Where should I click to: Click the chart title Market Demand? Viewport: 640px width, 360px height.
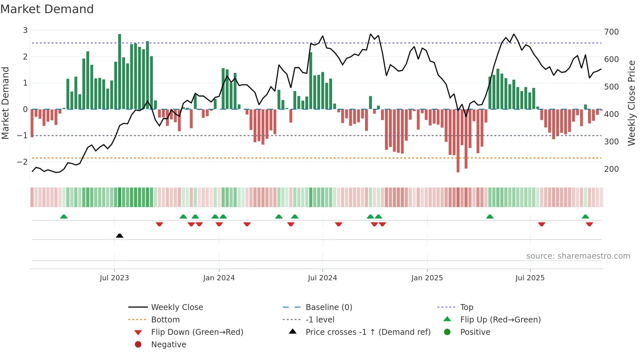tap(47, 9)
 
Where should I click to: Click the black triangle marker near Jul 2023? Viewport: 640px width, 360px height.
tap(120, 236)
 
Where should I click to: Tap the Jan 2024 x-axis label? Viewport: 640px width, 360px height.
tap(219, 278)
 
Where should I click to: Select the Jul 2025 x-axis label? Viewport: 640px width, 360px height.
tap(530, 278)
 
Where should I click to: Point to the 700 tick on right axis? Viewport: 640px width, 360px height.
tap(611, 32)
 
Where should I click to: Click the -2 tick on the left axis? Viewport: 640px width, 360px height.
tap(22, 162)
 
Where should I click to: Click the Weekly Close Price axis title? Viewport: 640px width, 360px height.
tap(632, 103)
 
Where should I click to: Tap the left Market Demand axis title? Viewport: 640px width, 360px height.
tap(5, 103)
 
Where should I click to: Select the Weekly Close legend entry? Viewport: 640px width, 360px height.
tap(177, 307)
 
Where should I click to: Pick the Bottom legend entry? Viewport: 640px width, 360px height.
tap(165, 320)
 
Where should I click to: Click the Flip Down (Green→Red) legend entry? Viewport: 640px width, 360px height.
tap(197, 332)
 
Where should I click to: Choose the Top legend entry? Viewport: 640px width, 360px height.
tap(467, 307)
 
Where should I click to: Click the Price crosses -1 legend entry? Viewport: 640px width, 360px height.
tap(368, 332)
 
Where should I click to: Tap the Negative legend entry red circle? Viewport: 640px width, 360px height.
tap(138, 345)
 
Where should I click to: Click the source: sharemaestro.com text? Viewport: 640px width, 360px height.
tap(578, 256)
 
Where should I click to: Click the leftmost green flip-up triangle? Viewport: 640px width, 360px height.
tap(64, 217)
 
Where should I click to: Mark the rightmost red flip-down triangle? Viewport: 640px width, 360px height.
tap(589, 224)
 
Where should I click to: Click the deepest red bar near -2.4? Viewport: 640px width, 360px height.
tap(458, 140)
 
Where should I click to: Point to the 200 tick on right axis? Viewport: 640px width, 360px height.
tap(611, 169)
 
